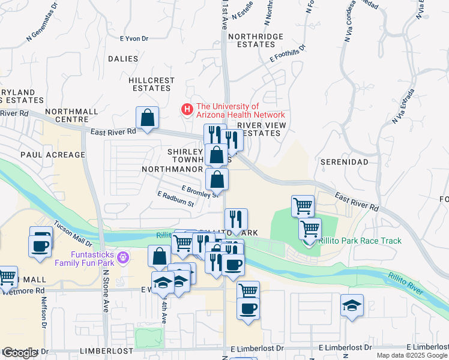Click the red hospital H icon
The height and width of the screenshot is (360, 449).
(x=187, y=110)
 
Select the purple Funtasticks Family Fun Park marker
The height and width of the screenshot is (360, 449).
(x=124, y=257)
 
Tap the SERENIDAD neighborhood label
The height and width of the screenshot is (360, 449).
(x=343, y=163)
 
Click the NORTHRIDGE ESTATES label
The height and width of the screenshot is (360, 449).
(x=260, y=40)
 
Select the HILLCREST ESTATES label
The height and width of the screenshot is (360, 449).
(x=151, y=84)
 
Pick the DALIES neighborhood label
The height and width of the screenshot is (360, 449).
(x=123, y=59)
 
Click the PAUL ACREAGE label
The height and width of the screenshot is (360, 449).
(x=53, y=155)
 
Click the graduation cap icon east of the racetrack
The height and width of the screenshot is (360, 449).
(x=352, y=305)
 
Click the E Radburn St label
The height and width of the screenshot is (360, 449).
(x=176, y=199)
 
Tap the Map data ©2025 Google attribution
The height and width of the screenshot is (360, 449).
(x=411, y=355)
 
